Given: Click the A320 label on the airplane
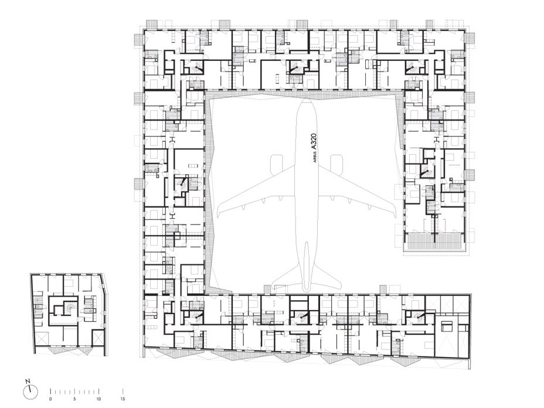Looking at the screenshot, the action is tap(314, 141).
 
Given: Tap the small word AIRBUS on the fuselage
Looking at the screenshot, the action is tap(315, 158).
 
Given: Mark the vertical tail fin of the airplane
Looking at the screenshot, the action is tap(307, 266).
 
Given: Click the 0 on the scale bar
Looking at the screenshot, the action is tap(50, 399).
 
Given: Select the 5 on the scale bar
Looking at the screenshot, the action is tap(74, 399).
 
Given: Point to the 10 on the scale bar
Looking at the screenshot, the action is tap(99, 399).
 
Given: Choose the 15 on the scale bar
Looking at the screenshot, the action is tap(123, 399).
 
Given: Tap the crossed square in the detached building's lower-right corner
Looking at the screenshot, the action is tap(98, 338).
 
